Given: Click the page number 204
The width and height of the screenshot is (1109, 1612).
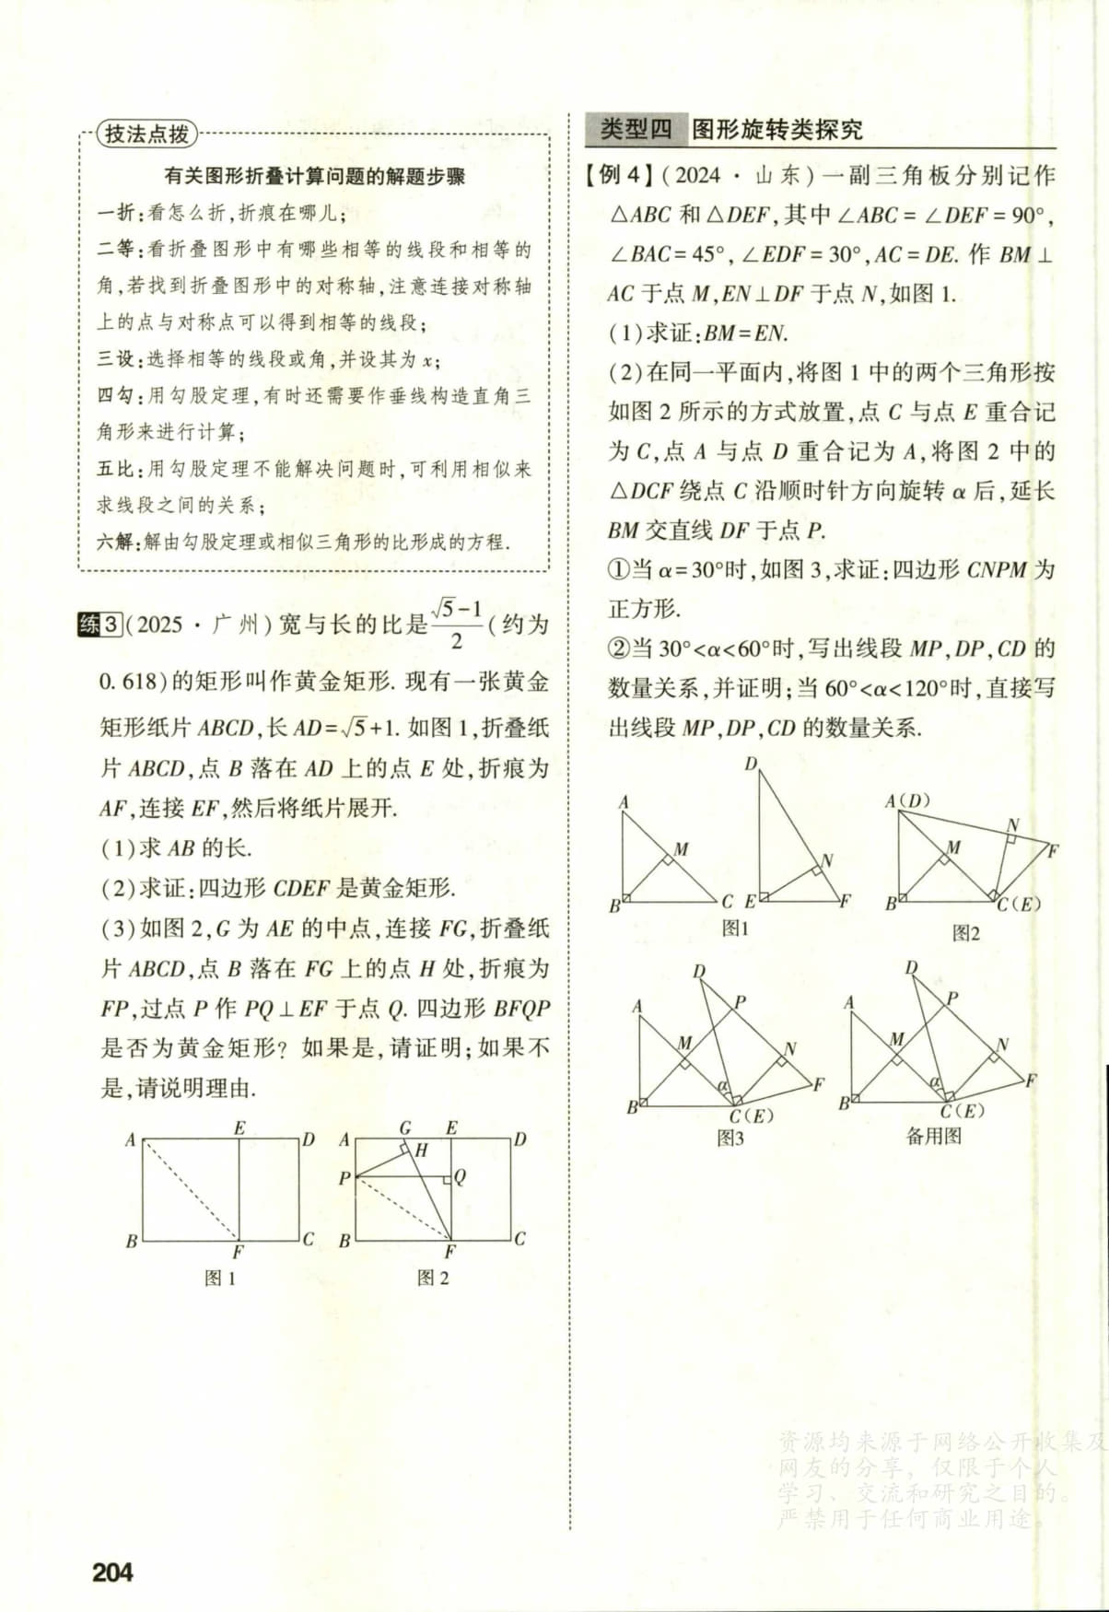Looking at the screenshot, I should (112, 1571).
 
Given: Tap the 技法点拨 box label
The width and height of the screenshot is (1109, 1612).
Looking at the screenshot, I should (146, 134).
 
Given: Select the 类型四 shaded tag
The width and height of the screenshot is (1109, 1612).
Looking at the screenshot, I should (636, 130).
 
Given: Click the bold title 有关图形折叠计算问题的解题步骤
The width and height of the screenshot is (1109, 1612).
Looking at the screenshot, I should (314, 176).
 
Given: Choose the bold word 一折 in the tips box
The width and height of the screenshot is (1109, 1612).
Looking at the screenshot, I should (116, 213).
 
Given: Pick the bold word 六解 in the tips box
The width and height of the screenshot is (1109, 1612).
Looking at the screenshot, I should (116, 542).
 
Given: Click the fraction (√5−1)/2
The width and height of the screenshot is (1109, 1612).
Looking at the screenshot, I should (457, 625).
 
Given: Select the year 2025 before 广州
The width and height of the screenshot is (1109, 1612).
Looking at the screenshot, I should (159, 625).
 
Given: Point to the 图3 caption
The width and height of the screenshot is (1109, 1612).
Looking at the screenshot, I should (730, 1139).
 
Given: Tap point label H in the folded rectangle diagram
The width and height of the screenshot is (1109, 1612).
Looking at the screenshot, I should (422, 1150).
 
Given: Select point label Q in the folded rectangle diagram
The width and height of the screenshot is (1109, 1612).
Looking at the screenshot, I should (460, 1176).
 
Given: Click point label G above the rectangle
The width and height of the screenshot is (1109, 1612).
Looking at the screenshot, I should (405, 1127).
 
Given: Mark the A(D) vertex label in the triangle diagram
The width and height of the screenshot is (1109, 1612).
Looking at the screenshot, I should (908, 800).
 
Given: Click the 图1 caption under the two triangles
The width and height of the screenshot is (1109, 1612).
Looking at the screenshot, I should (735, 929).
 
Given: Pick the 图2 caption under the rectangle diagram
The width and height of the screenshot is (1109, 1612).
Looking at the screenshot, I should (433, 1279).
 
